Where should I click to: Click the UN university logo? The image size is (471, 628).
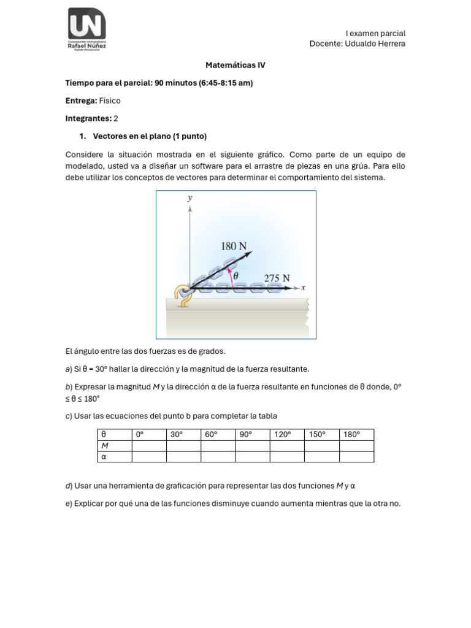coord(86,29)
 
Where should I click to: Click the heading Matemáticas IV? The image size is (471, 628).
coord(235,65)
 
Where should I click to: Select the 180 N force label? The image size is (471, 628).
coord(234,247)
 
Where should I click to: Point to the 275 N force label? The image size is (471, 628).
coord(277,278)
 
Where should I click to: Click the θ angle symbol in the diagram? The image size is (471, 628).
coord(235,277)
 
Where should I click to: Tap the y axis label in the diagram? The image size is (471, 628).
coord(190,198)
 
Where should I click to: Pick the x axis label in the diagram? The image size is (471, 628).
coord(303,287)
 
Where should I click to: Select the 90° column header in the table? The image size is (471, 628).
coord(246,435)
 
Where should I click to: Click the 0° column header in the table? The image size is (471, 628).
coord(139,435)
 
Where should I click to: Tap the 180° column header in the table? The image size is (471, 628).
coord(351,435)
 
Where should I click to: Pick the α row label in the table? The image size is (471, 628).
coord(104,456)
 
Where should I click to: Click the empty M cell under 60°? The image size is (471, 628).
coord(218,446)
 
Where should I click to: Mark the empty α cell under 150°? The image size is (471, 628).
coord(322,456)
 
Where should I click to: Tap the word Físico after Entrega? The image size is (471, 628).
coord(110,101)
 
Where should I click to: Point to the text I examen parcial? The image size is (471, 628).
coord(375,33)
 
